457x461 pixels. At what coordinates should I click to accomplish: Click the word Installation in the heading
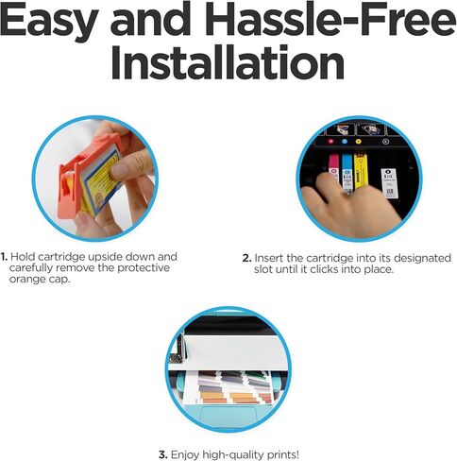coord(228,61)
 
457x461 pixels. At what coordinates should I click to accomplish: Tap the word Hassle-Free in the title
coord(327,21)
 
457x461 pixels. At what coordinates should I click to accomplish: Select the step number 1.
coord(4,257)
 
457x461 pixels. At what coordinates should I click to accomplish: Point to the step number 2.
coord(247,258)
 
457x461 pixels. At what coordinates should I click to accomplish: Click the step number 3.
coord(163,454)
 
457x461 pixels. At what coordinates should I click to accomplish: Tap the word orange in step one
coord(27,280)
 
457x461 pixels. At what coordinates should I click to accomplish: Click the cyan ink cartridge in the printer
coord(347,173)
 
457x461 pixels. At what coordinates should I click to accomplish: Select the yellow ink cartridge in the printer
coord(361,172)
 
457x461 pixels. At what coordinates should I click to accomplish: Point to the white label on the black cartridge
coord(390,183)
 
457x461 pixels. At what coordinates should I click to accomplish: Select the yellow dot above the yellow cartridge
coord(358,142)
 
